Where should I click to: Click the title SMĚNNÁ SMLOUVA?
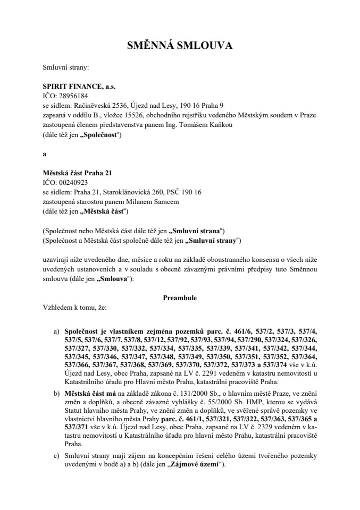pos(180,46)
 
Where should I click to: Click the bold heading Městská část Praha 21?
pos(77,173)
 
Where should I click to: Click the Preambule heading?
pos(180,298)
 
